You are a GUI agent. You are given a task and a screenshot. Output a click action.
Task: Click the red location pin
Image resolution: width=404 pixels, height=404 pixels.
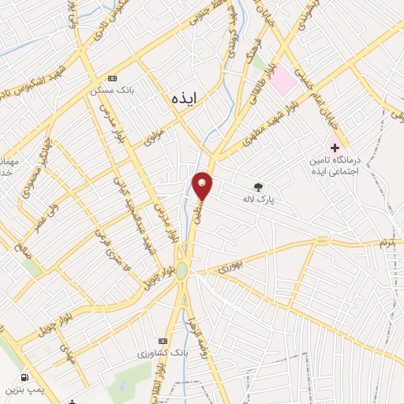[204, 185]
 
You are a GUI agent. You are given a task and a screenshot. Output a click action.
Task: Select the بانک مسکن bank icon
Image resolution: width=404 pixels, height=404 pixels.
[112, 79]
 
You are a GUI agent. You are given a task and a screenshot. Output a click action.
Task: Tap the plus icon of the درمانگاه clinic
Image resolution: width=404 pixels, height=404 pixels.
[336, 148]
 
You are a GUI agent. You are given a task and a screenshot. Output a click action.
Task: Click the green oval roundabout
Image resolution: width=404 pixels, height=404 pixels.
[182, 271]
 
